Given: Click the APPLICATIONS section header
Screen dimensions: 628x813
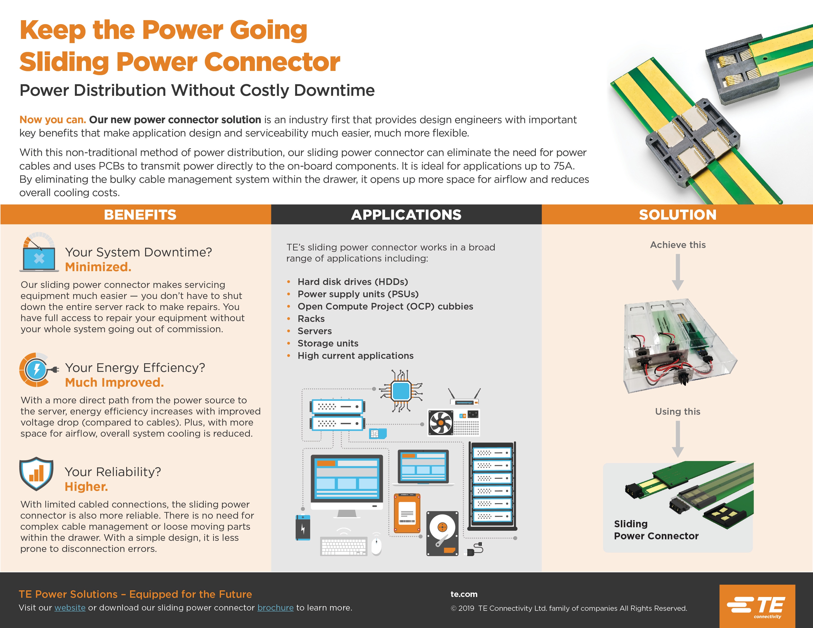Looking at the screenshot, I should click(406, 215).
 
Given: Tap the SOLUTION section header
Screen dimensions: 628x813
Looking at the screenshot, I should click(677, 215).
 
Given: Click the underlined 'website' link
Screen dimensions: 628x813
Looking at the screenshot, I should click(70, 608).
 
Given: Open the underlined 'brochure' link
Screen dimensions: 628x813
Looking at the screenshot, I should click(275, 608).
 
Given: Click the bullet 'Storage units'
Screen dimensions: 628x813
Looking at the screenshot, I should click(328, 343).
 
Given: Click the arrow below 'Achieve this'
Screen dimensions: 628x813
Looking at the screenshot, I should click(677, 272).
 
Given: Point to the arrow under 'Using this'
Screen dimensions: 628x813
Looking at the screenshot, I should click(677, 439).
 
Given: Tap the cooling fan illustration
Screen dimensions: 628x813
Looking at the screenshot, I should click(440, 422).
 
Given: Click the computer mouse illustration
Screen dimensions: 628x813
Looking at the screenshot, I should click(376, 546).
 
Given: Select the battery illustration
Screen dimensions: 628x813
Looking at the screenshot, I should click(303, 527).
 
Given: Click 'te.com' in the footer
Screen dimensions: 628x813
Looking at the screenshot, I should click(464, 594).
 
